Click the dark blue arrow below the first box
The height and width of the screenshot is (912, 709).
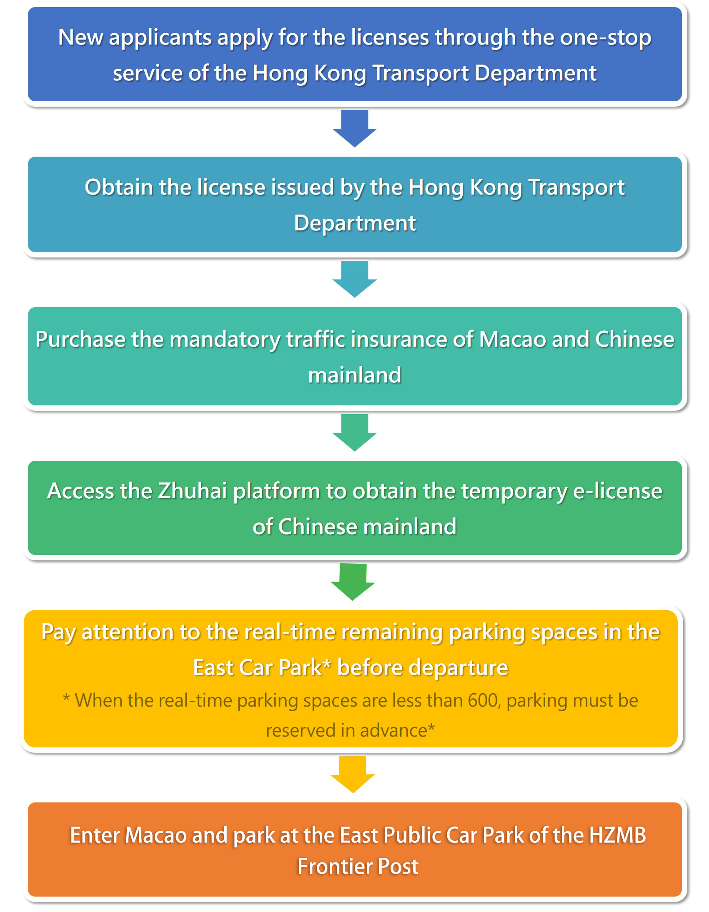point(354,128)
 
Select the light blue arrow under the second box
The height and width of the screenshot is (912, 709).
point(354,279)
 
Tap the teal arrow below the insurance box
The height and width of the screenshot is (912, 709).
point(354,432)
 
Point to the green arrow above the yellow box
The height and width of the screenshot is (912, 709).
point(353,582)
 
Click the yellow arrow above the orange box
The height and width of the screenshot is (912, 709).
point(353,774)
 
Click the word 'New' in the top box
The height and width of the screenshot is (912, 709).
point(80,37)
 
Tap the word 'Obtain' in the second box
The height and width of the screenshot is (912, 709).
point(118,187)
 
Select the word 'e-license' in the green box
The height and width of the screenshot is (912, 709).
point(617,491)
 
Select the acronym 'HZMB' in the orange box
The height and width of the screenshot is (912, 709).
point(617,836)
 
